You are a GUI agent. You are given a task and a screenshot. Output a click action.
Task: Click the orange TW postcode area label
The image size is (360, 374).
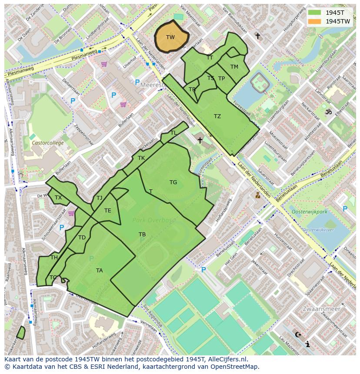click(x=170, y=37)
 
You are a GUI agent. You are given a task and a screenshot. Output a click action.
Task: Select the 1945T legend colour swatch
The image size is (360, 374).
click(x=315, y=13)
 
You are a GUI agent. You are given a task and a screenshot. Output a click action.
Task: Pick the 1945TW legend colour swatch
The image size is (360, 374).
click(x=315, y=21)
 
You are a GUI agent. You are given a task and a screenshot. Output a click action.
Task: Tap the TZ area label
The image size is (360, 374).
click(x=217, y=116)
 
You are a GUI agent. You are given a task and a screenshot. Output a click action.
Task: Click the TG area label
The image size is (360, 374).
click(x=173, y=182)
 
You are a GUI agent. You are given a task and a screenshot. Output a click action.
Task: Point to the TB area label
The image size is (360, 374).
click(x=142, y=235)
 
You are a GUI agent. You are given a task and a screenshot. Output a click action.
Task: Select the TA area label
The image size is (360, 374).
click(x=100, y=271)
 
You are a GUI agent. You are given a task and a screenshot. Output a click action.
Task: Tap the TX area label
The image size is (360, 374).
click(x=58, y=198)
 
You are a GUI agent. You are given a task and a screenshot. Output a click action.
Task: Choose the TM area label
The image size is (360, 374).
click(x=234, y=67)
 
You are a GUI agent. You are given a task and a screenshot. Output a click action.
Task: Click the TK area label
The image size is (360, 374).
click(x=141, y=158)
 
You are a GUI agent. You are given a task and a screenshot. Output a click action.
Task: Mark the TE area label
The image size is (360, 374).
click(x=108, y=211)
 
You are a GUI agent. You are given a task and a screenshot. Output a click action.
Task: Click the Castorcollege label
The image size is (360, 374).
click(x=47, y=143)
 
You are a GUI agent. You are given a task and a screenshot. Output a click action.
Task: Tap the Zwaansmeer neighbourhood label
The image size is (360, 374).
click(x=321, y=309)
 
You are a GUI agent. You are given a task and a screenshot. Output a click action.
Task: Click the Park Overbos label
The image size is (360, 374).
click(x=154, y=220)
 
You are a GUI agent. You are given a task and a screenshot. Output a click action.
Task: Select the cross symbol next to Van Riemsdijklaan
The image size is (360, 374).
click(x=258, y=36)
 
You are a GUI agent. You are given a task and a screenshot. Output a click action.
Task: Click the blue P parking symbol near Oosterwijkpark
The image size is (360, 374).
click(x=345, y=209)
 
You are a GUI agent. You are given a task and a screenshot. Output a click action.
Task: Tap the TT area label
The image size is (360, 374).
click(x=210, y=58)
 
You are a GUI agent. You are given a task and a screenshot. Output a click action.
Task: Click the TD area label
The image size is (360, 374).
click(x=82, y=238)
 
